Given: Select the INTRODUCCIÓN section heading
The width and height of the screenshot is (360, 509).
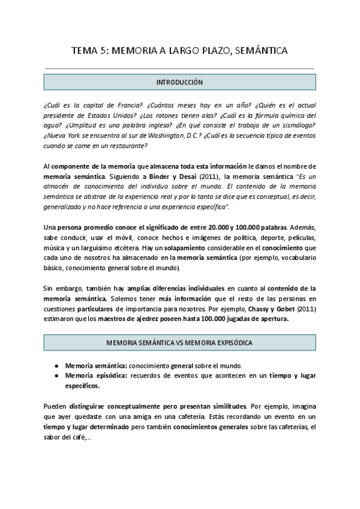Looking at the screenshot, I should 180,82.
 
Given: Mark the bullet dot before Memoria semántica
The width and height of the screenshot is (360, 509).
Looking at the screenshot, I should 56,366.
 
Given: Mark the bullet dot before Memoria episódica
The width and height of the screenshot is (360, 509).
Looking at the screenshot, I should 56,376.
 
